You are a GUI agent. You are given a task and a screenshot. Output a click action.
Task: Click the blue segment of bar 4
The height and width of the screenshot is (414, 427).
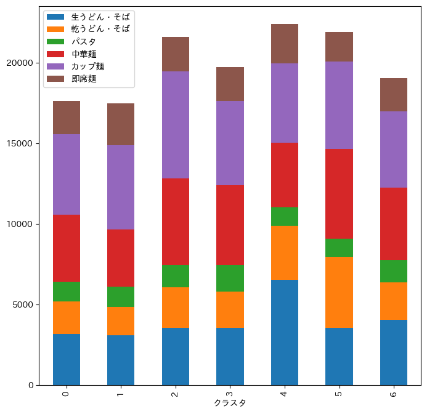pos(285,332)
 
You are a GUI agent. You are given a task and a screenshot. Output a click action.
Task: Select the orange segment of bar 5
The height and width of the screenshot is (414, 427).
pos(339,292)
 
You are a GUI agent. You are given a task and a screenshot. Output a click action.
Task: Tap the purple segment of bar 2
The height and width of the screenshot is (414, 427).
pos(176,125)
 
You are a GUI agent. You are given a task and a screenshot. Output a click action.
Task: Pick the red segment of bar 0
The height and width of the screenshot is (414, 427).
pos(67,248)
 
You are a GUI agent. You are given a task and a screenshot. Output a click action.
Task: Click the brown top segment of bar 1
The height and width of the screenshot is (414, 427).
pos(121,124)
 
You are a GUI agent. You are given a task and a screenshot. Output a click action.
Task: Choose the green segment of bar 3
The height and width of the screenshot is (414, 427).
pos(230,278)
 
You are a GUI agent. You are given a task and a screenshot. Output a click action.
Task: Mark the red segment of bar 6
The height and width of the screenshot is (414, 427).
pos(394,224)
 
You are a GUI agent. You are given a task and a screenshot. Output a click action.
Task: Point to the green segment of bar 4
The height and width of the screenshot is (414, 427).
pos(285,217)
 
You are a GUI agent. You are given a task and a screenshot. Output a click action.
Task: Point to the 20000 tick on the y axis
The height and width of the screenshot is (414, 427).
pos(23,63)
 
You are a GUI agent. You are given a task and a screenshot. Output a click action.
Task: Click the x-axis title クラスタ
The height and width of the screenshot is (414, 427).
pos(230,404)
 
